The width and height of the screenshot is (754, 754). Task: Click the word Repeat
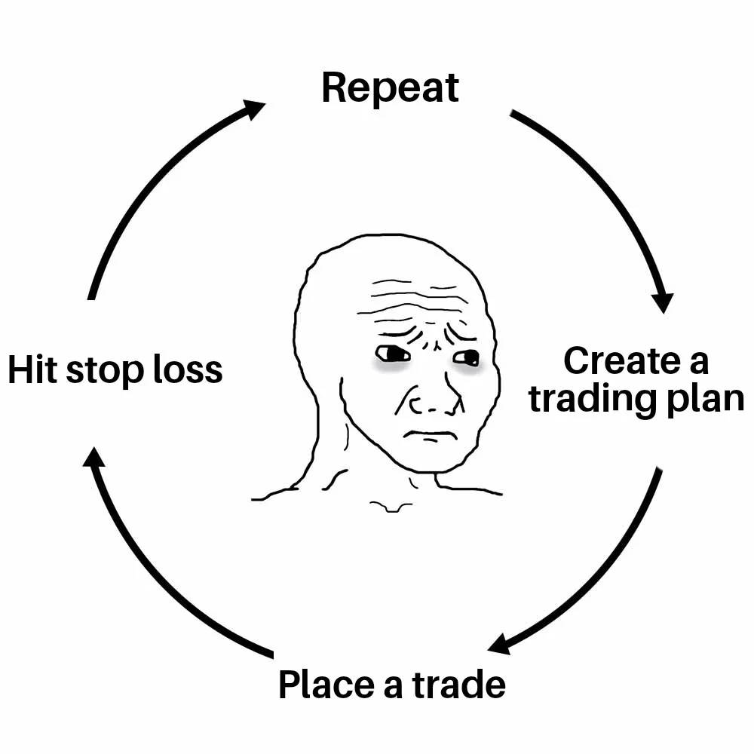[390, 89]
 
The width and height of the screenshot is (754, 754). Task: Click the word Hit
[32, 370]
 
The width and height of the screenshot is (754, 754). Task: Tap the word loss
[186, 370]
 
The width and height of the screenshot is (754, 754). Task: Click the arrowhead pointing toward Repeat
[253, 109]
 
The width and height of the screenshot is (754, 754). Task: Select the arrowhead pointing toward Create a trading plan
[663, 300]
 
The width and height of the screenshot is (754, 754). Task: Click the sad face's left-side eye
[391, 353]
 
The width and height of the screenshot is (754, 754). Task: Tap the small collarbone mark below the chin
[391, 507]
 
